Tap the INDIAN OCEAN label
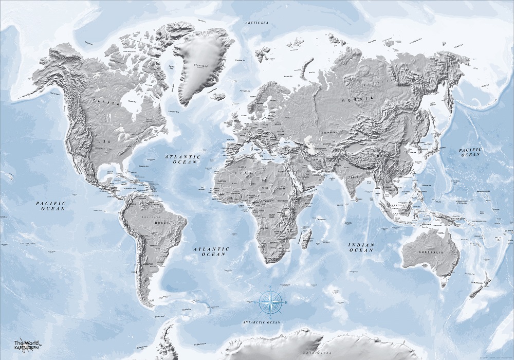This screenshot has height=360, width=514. pos(360,247)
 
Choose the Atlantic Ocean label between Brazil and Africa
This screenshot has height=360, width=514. pos(211,251)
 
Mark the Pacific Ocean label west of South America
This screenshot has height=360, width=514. pos(51,206)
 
